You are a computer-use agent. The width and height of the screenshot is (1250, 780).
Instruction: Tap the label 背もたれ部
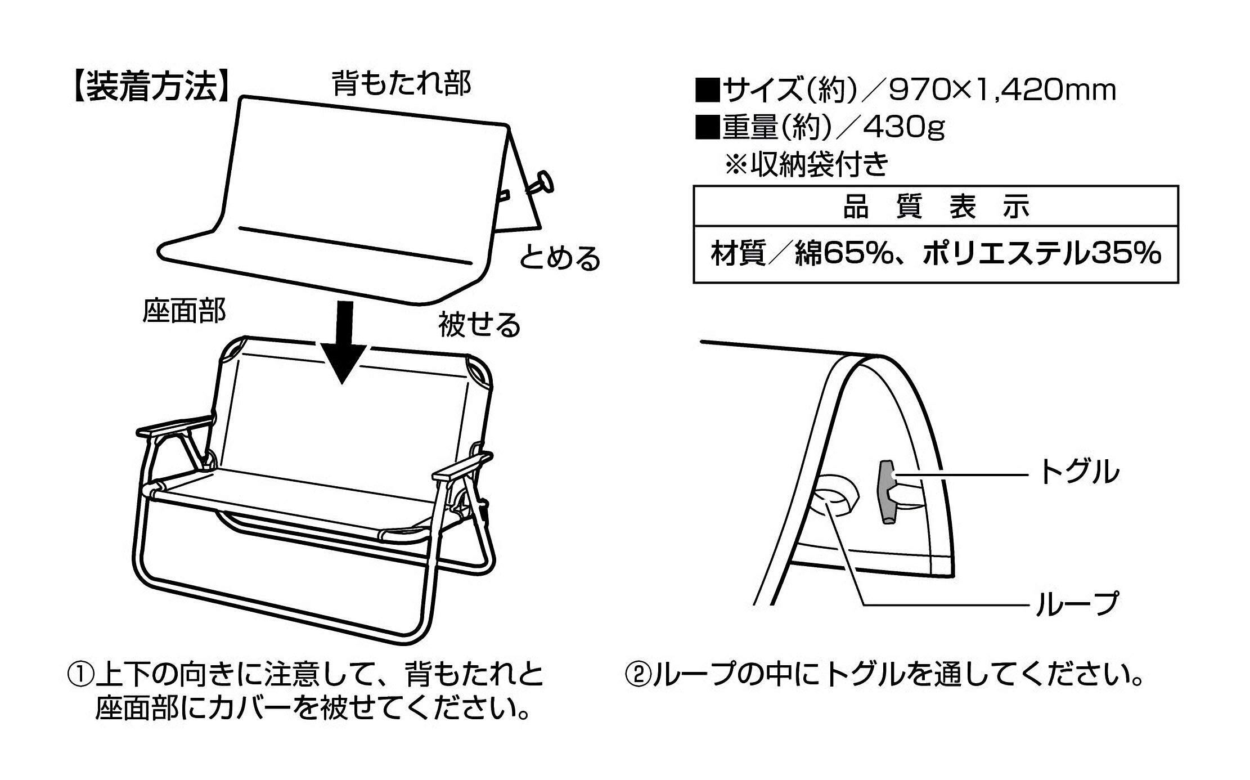402,83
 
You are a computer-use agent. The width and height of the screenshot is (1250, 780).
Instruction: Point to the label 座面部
184,311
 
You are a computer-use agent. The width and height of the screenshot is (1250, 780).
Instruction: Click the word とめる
559,258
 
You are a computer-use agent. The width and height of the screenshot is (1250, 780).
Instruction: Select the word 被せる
479,324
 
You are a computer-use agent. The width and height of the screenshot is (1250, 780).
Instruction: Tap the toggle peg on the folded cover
541,183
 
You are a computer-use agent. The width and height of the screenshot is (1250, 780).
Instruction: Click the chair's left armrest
174,425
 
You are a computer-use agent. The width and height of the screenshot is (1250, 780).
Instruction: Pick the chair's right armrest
461,467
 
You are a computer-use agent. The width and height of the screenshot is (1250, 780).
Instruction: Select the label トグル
1078,472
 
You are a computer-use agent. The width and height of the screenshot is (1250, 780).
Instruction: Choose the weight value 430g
903,128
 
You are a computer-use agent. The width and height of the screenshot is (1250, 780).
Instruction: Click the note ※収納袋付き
807,164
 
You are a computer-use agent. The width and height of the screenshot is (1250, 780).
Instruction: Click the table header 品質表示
935,207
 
